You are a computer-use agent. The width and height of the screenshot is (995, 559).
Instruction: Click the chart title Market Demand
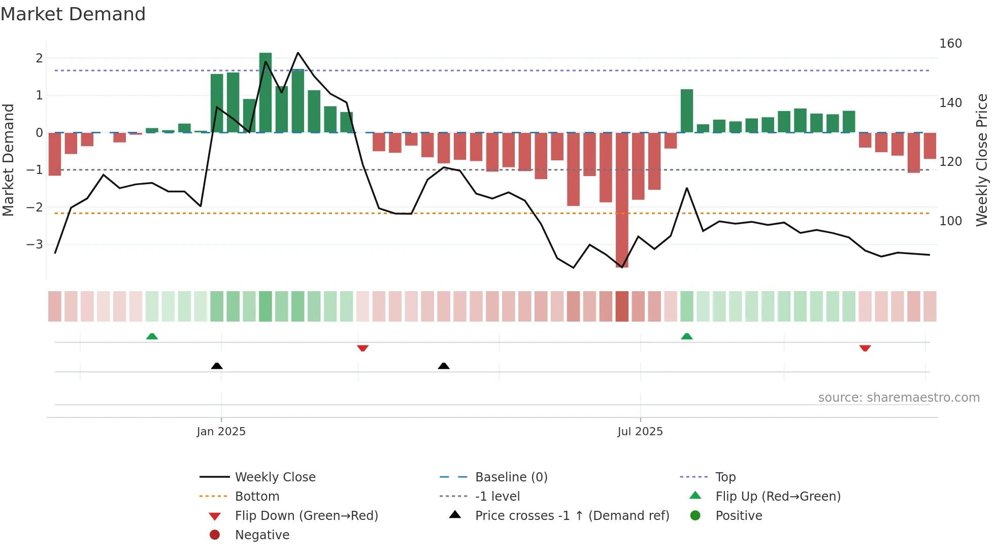pos(73,14)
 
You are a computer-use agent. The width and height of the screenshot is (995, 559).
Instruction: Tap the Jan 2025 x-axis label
pos(221,432)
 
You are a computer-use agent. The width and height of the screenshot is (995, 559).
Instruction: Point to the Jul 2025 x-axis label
pos(640,432)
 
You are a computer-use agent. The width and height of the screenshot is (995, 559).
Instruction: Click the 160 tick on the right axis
pos(950,44)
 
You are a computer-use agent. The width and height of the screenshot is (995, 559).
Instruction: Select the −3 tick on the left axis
pos(35,244)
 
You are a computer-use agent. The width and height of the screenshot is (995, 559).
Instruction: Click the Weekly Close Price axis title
pos(982,160)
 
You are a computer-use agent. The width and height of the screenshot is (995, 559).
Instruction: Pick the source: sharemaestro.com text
pos(899,398)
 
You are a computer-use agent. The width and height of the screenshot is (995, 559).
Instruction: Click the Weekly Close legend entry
pos(275,477)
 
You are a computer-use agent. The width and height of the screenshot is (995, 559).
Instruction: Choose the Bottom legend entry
pos(257,497)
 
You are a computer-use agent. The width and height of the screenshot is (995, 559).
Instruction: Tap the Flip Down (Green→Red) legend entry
pos(306,516)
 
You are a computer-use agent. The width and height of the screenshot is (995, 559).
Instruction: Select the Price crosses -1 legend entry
pos(572,516)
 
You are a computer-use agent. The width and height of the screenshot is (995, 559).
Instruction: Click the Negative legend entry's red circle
pos(215,535)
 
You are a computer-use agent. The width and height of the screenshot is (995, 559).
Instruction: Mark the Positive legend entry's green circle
pos(695,516)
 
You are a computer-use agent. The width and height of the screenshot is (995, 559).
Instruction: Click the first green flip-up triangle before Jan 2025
pos(152,336)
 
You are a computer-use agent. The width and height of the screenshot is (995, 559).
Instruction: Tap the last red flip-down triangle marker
pos(865,348)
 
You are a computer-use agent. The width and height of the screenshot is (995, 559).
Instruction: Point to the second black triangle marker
pos(444,366)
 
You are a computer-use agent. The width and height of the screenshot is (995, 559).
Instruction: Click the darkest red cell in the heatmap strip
pos(622,306)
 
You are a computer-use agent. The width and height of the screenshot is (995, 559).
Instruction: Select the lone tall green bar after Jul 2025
pos(687,111)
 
